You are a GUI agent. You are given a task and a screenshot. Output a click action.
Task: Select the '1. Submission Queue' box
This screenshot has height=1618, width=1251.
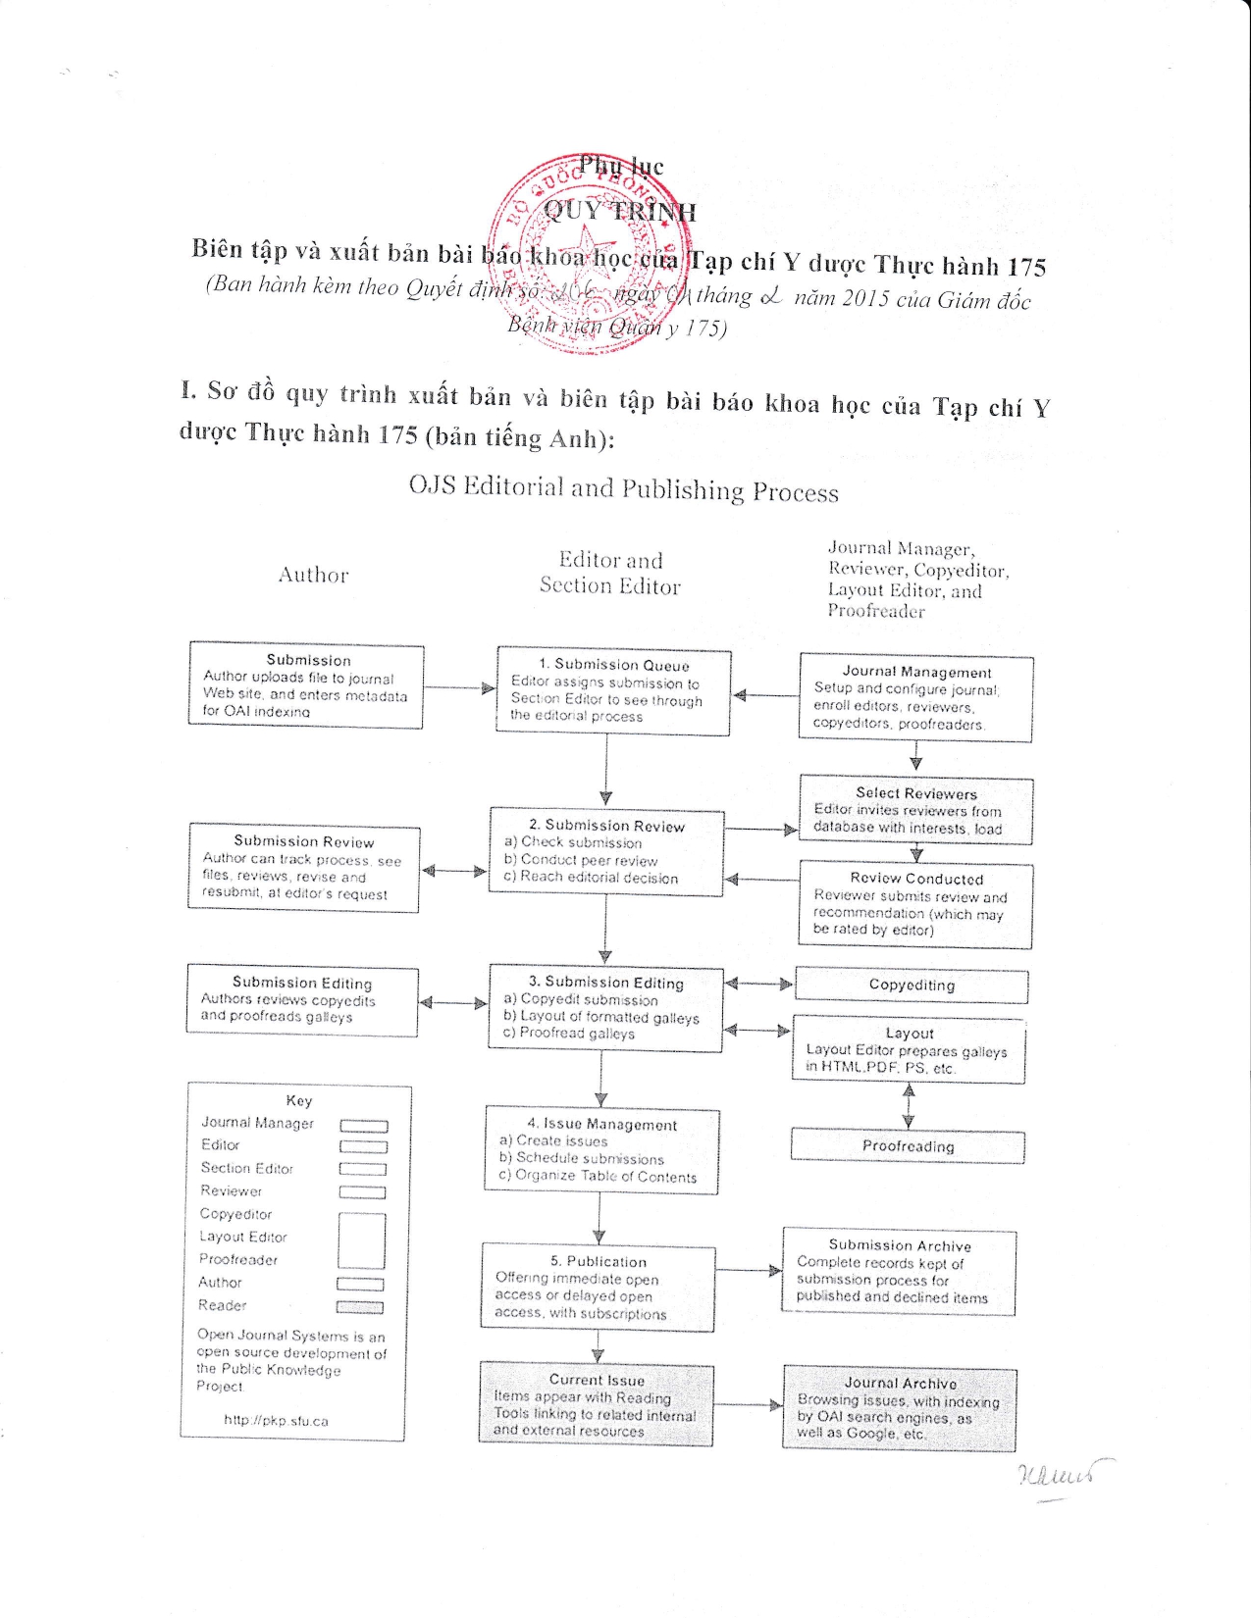614,690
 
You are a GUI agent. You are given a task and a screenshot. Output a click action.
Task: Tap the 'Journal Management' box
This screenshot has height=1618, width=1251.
916,698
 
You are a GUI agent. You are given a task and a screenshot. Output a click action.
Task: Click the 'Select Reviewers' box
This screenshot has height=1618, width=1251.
916,810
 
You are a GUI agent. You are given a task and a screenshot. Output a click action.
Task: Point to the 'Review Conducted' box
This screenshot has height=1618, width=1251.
916,904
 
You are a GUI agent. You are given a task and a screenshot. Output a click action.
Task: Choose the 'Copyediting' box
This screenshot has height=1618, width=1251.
912,986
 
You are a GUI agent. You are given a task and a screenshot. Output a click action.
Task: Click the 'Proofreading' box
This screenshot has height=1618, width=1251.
908,1146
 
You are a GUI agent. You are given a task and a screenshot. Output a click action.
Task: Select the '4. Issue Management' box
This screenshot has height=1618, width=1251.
601,1150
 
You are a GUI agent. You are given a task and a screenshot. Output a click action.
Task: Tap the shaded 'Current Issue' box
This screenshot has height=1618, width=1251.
597,1405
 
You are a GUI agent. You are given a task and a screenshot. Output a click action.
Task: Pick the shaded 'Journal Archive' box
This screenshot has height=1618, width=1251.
900,1409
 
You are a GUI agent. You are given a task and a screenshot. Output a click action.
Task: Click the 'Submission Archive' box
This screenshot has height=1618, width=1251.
899,1272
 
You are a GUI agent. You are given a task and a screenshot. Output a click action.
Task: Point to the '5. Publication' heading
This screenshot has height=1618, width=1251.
599,1262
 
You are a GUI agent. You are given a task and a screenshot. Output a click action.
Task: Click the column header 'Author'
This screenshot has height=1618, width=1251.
313,576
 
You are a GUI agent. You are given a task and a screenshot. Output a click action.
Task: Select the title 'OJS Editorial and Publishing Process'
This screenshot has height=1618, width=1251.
624,489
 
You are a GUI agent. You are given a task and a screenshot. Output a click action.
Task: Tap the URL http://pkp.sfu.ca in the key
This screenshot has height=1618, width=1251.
276,1420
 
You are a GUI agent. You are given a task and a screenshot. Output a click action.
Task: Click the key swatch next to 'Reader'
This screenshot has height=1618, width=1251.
359,1307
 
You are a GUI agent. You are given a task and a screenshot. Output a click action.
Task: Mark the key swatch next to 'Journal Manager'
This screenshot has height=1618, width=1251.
363,1126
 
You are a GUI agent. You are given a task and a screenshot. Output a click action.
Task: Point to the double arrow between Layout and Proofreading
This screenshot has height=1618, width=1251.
909,1105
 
